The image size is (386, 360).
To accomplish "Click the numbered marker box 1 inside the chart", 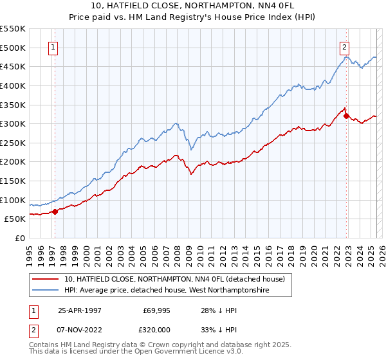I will [52, 46].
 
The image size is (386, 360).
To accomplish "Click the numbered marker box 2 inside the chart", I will [345, 46].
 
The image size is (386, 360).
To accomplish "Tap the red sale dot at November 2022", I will [347, 116].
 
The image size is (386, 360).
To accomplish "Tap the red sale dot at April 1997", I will [55, 211].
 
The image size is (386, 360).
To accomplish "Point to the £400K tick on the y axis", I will [13, 85].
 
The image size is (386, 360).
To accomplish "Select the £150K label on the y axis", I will [13, 181].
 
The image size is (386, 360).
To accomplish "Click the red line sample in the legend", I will [46, 278].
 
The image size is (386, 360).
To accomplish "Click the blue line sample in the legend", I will [46, 291].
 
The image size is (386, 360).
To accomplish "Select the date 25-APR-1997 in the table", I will [80, 310].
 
